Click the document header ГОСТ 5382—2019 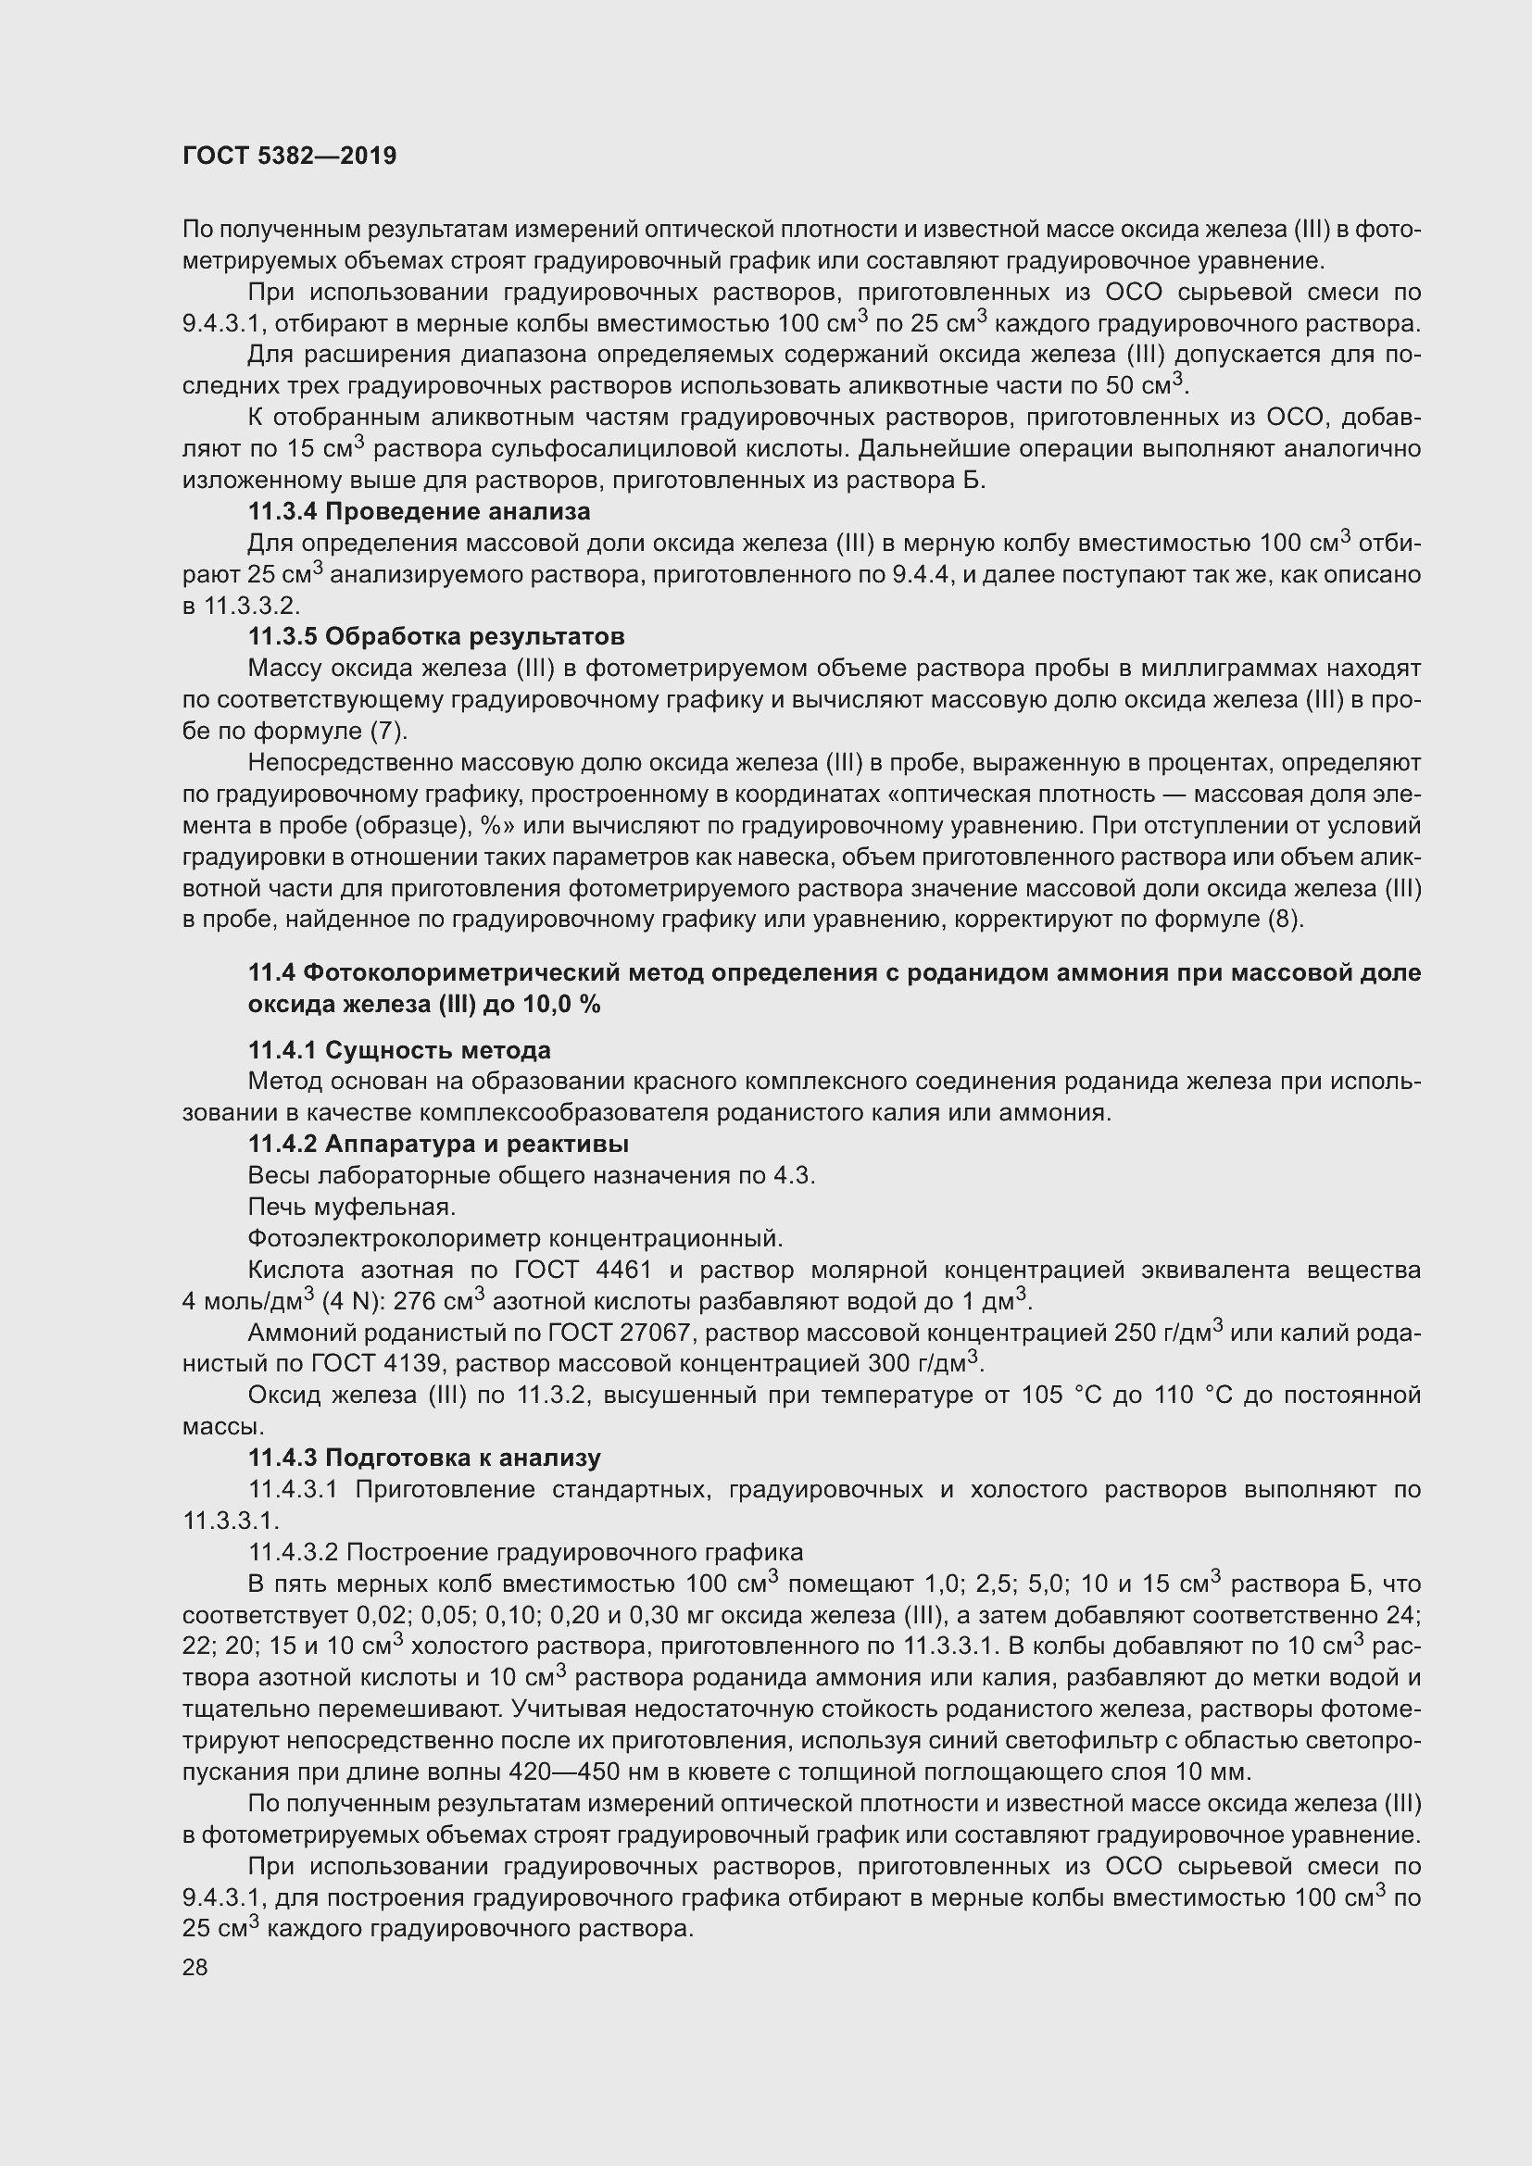[290, 156]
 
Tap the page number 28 [195, 1967]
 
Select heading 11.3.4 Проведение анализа [419, 511]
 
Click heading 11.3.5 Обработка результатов [436, 636]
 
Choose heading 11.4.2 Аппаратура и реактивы [438, 1144]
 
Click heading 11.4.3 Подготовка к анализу [423, 1458]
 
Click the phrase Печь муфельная [352, 1207]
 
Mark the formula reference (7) [389, 732]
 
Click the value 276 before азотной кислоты [413, 1302]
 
